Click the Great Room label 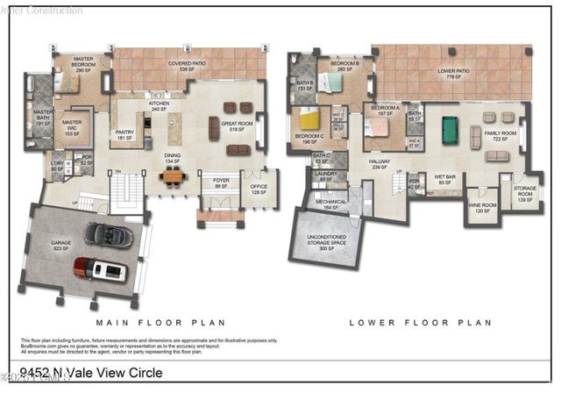click(x=237, y=125)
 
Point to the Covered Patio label click(x=186, y=64)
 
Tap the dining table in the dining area click(x=173, y=176)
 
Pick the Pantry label click(x=124, y=135)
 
